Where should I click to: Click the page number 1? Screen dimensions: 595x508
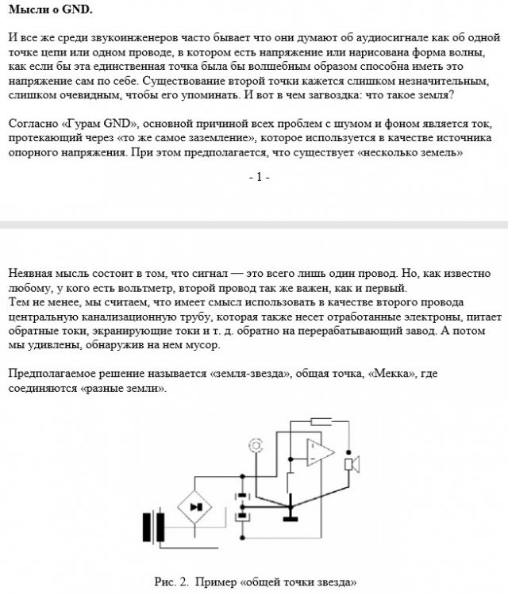pos(258,178)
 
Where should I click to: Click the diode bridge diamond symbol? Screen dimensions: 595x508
pos(196,505)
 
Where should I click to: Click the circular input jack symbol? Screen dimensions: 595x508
pos(256,446)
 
